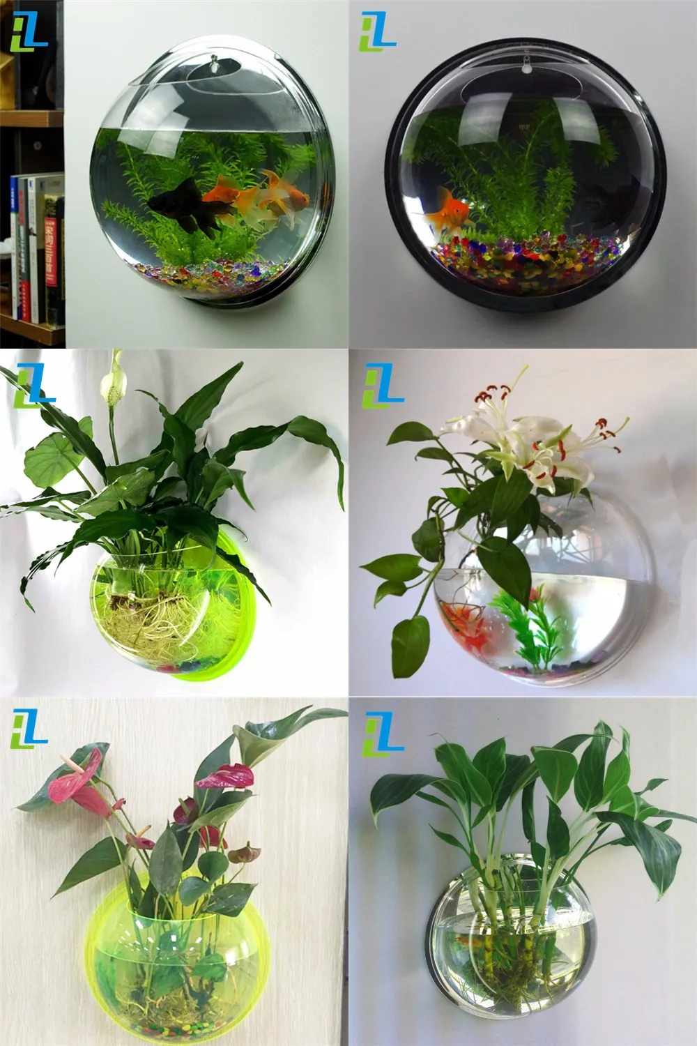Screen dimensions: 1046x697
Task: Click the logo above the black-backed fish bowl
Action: point(377,31)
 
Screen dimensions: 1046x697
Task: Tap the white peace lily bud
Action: point(107,384)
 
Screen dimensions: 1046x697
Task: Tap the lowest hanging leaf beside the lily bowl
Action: point(409,645)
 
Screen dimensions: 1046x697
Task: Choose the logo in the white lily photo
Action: point(383,384)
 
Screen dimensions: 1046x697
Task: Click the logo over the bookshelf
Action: point(29,31)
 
